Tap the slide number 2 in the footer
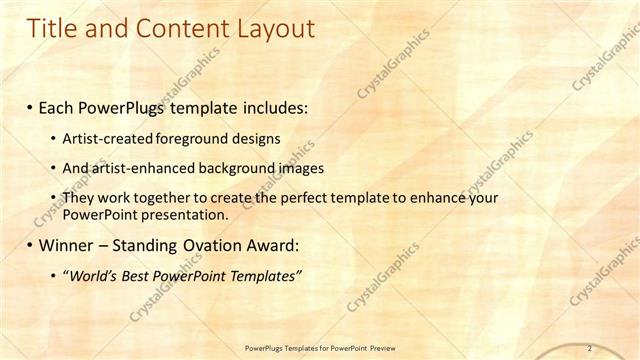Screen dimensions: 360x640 pyautogui.click(x=590, y=348)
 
